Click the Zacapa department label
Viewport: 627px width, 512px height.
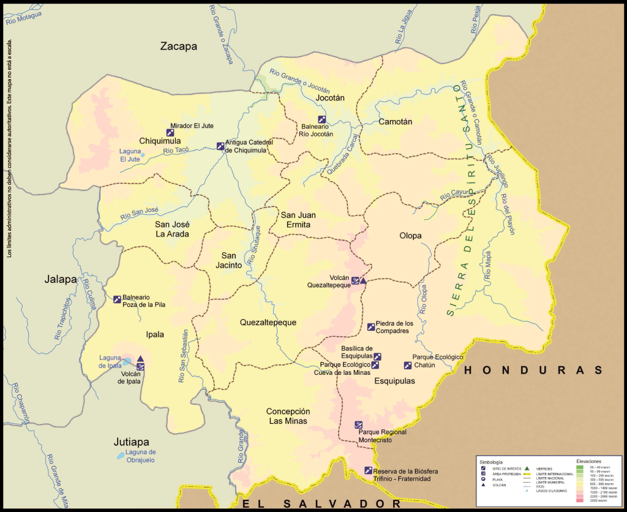[179, 47]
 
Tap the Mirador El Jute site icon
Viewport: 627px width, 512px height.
[170, 132]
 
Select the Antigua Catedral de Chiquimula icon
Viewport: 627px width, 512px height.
[220, 146]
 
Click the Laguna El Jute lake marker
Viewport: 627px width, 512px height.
[143, 155]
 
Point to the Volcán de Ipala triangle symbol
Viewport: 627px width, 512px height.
[140, 359]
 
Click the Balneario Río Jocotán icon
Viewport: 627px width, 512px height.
[321, 119]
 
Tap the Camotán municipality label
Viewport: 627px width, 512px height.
[395, 121]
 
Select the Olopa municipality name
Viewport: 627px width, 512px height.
[410, 235]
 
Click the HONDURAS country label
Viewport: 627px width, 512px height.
[533, 370]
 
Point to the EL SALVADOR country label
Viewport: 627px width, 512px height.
[321, 503]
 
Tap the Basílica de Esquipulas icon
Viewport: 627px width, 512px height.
[378, 356]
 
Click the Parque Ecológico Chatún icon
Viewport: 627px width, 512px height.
[408, 366]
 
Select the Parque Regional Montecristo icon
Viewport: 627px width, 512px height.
[358, 424]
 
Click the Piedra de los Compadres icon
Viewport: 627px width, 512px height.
[370, 327]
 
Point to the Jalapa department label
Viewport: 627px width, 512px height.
[61, 279]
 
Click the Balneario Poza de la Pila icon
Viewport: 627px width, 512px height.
[117, 299]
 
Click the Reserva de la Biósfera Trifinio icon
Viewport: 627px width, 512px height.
[368, 470]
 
